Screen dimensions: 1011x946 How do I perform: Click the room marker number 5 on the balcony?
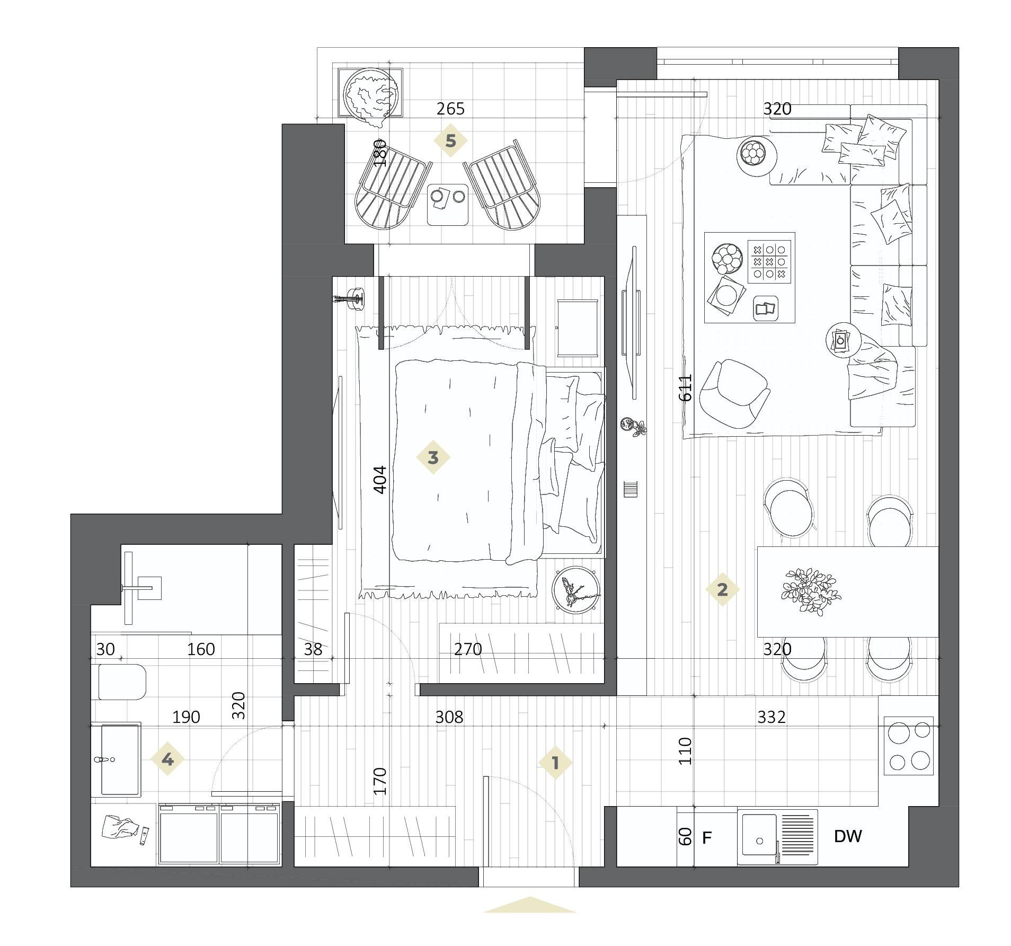click(x=450, y=141)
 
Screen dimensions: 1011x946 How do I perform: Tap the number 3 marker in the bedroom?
click(x=433, y=457)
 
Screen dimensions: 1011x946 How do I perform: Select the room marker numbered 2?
click(x=722, y=589)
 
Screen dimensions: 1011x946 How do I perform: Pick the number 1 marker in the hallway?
click(x=555, y=763)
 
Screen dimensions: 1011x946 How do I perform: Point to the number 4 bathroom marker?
click(x=167, y=759)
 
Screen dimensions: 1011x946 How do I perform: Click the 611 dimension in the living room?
click(x=686, y=387)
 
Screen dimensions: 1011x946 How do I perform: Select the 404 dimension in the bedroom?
click(x=380, y=480)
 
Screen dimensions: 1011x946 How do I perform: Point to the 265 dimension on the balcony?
click(x=450, y=109)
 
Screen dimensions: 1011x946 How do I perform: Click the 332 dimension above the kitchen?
click(x=771, y=717)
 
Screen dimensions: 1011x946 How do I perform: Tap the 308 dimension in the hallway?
click(x=449, y=717)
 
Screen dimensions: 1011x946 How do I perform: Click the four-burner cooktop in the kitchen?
click(x=909, y=746)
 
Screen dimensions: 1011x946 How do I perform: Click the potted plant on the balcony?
click(x=370, y=95)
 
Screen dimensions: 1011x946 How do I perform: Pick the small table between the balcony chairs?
click(x=448, y=205)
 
